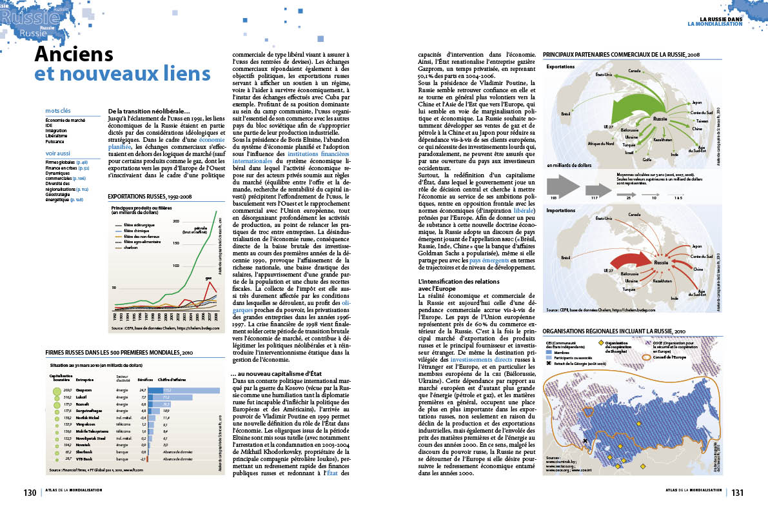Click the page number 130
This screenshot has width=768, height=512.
(30, 493)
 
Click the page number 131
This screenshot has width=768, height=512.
(738, 493)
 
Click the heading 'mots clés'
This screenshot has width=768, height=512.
(58, 111)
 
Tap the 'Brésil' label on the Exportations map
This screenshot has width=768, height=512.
(567, 113)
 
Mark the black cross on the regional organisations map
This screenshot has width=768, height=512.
(585, 441)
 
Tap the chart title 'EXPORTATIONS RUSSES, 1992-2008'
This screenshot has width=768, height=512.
(150, 195)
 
